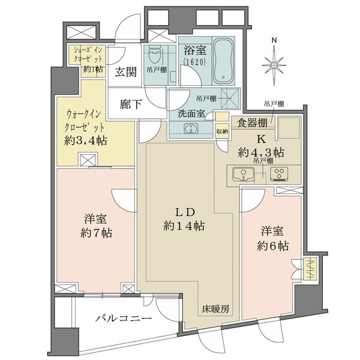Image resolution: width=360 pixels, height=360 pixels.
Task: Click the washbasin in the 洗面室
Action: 191,128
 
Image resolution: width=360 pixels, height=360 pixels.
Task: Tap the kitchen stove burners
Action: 280,175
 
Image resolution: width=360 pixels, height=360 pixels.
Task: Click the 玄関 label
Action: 126,72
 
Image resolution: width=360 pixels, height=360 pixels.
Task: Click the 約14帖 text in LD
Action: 184,226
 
